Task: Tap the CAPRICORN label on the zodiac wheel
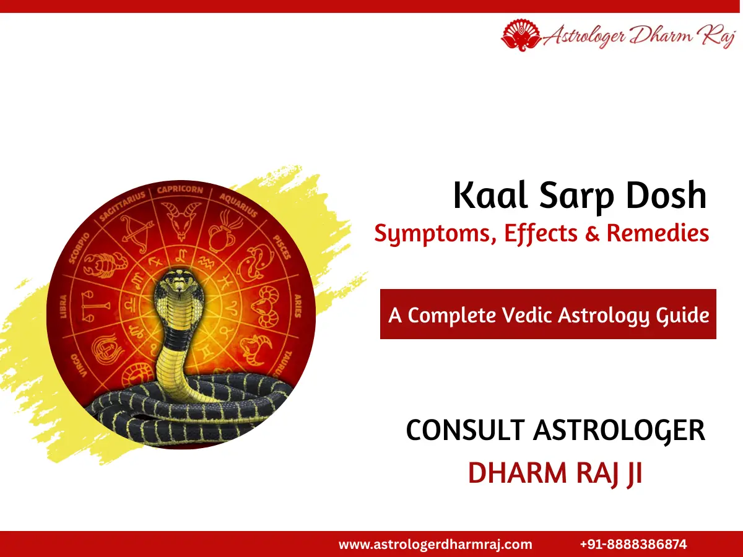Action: [x=180, y=189]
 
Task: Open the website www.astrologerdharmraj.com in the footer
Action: [x=435, y=545]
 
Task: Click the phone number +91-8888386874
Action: [x=633, y=545]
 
